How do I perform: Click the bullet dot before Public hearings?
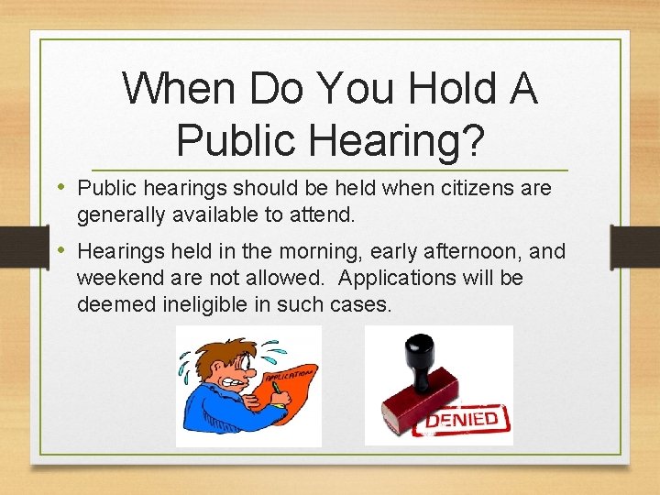tap(62, 188)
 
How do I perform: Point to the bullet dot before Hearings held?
tap(62, 250)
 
